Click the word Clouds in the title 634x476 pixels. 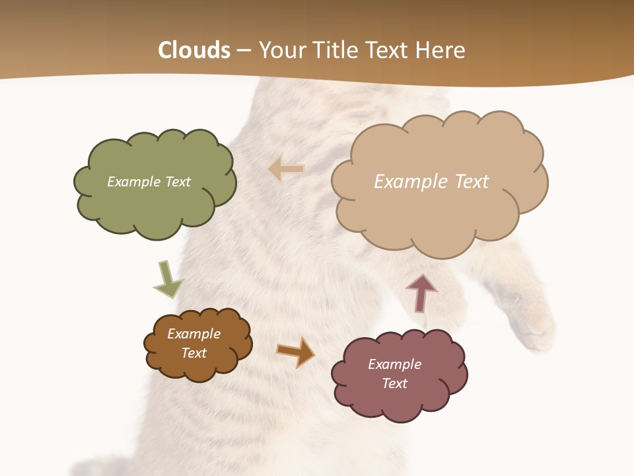pos(194,50)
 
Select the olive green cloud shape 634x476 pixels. pos(155,205)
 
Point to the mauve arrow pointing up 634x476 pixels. pos(421,292)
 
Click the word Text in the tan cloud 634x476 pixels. pos(471,182)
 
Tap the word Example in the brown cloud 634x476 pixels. pos(194,334)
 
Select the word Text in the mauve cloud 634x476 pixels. pos(395,383)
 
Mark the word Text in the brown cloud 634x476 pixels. pos(194,353)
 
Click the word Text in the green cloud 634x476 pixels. pos(177,182)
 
